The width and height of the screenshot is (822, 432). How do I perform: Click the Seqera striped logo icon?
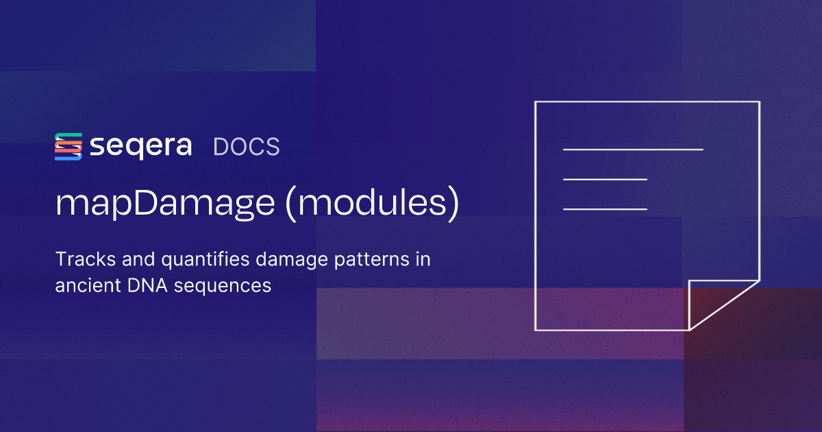pos(68,147)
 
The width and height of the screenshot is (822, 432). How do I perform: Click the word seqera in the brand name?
pos(140,147)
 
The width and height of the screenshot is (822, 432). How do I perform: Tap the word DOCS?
pos(247,147)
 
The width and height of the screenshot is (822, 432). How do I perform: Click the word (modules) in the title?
pos(373,204)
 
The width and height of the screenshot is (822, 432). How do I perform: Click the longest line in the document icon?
pos(633,149)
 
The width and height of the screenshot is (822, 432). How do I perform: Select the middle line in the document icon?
pos(605,179)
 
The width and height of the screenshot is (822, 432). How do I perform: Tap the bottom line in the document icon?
pos(605,208)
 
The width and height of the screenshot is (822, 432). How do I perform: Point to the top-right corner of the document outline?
pos(759,102)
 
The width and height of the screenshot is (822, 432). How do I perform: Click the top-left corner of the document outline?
pos(536,102)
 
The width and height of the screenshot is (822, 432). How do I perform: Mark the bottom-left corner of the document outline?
pos(536,330)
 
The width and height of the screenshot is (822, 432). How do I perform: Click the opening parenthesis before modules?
pos(293,204)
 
